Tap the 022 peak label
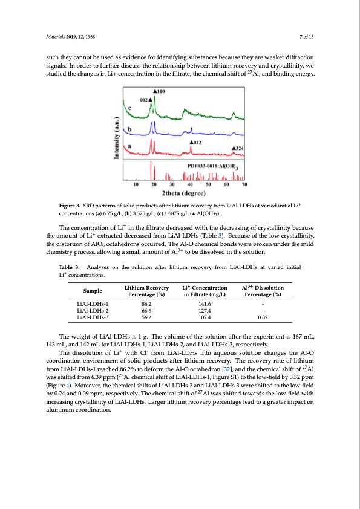195,142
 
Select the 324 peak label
239,148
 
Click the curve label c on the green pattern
128,108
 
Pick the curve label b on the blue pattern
128,129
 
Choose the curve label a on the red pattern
128,146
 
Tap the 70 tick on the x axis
245,184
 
